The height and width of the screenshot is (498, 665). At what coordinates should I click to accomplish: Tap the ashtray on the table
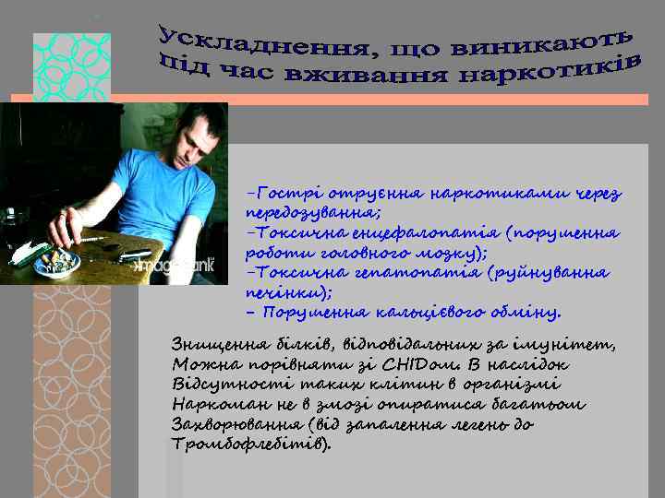pos(57,262)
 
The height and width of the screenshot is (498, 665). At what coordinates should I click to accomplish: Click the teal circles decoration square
pos(71,66)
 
